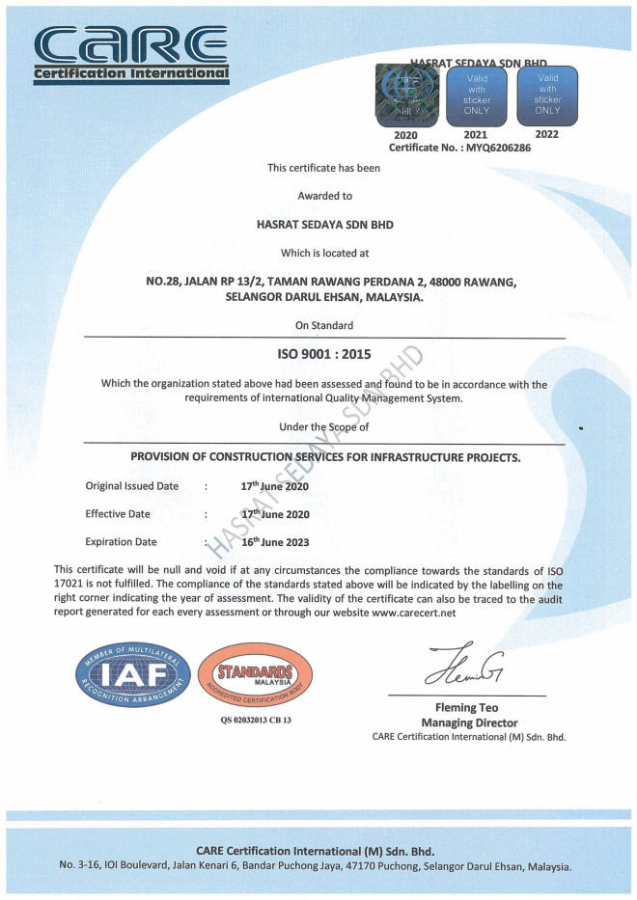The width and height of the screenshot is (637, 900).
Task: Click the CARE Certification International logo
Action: pos(131,52)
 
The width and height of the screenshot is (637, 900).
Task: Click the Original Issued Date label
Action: pos(132,486)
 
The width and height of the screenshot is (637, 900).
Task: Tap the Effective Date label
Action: pos(118,514)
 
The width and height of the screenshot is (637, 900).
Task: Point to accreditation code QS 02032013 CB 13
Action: pos(255,720)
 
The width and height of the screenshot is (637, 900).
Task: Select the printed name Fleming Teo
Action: pos(469,708)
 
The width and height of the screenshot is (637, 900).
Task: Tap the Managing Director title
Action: pos(469,723)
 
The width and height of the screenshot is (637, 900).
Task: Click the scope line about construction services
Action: pos(325,457)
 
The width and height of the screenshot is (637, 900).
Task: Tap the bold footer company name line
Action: pos(316,851)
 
